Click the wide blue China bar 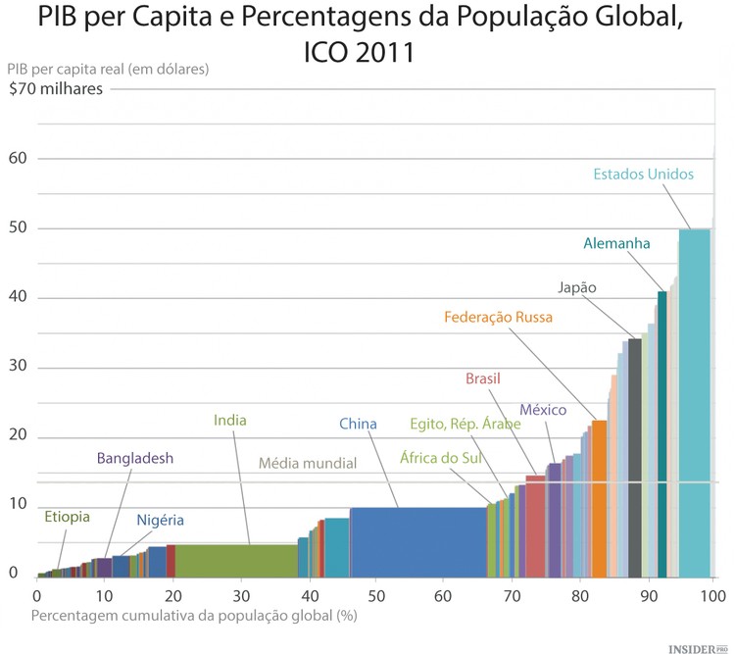pyautogui.click(x=417, y=541)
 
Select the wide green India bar pyautogui.click(x=236, y=560)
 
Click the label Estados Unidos pyautogui.click(x=643, y=175)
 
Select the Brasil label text pyautogui.click(x=483, y=378)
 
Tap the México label pyautogui.click(x=543, y=410)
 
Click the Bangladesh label pyautogui.click(x=134, y=458)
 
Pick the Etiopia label pyautogui.click(x=67, y=517)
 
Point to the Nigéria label pyautogui.click(x=160, y=520)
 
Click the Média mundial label pyautogui.click(x=308, y=463)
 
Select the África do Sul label pyautogui.click(x=438, y=457)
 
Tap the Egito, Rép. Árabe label pyautogui.click(x=465, y=425)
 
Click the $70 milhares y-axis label pyautogui.click(x=54, y=89)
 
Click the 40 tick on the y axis pyautogui.click(x=19, y=298)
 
